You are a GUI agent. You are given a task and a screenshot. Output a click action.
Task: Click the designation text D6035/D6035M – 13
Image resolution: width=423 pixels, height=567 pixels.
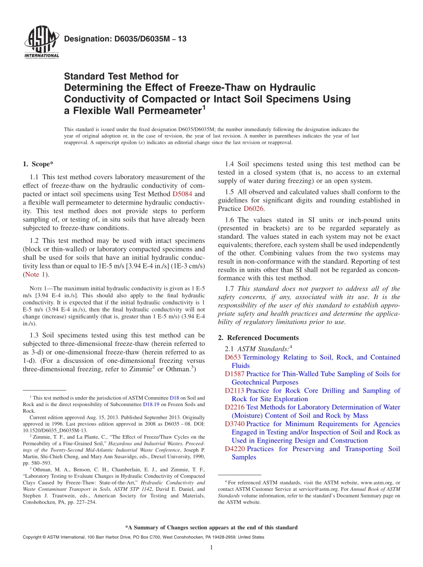tap(126, 39)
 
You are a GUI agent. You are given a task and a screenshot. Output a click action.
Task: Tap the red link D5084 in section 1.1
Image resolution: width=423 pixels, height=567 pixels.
tap(182, 194)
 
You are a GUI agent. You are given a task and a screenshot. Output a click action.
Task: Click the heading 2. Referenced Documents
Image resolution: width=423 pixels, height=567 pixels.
tap(259, 337)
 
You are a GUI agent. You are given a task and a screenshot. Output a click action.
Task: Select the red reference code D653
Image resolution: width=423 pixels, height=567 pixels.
tap(233, 357)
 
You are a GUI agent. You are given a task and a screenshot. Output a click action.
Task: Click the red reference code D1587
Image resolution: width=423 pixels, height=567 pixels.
tap(235, 374)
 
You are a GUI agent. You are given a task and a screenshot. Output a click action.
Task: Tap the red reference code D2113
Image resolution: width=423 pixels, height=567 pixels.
tap(235, 390)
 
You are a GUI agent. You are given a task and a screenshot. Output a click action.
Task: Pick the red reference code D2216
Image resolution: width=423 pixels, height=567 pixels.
tap(235, 407)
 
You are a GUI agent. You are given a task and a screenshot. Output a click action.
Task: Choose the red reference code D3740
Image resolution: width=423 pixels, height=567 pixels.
tap(235, 424)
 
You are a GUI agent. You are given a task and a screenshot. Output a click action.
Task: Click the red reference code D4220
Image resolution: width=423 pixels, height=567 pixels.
tap(235, 449)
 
